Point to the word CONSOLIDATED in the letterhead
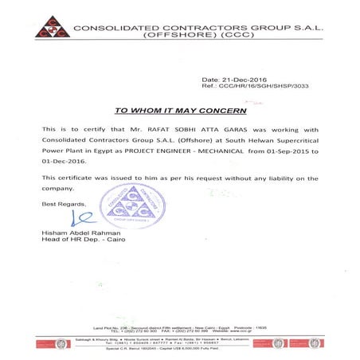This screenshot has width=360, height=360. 119,27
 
